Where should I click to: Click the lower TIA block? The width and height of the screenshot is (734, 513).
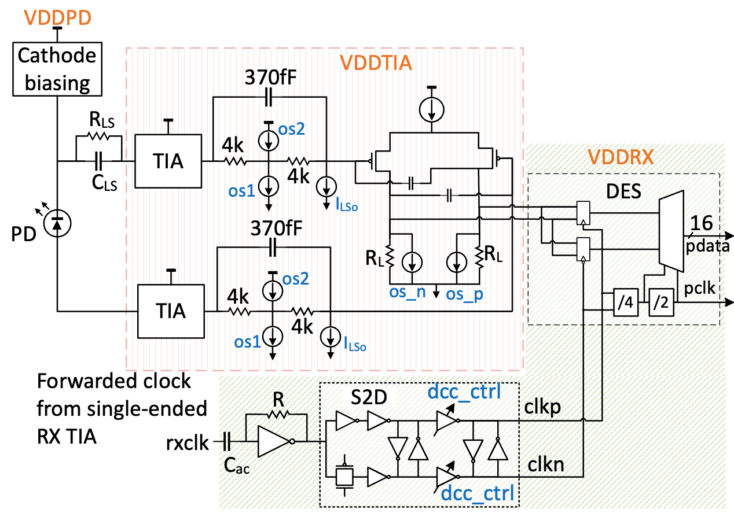pos(171,311)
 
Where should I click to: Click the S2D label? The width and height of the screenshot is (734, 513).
pos(362,399)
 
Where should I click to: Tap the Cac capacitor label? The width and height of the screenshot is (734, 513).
pos(237,466)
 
